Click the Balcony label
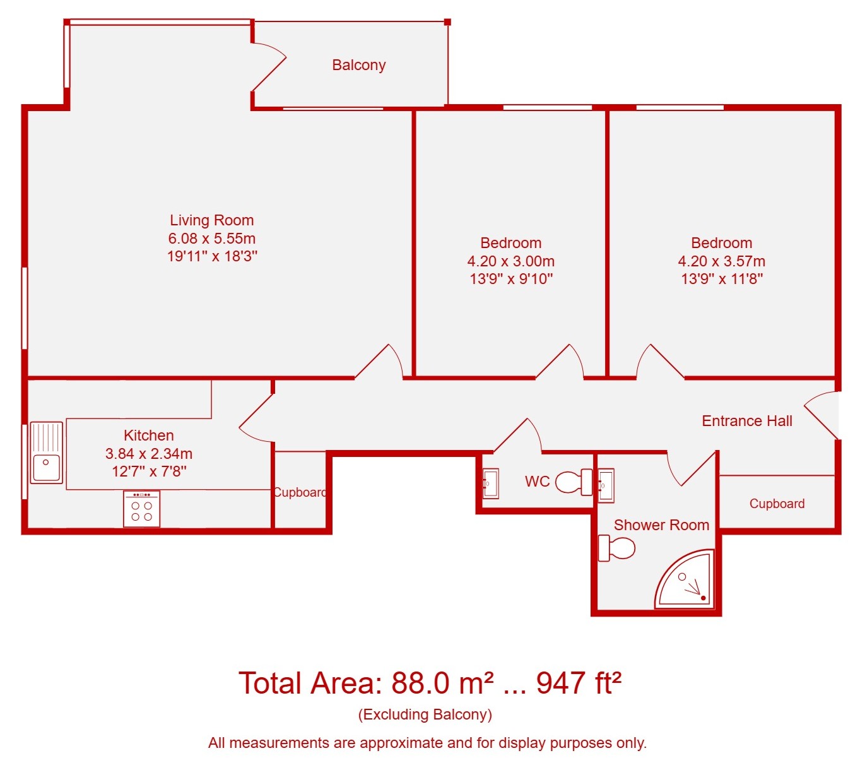pos(358,65)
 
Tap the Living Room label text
pos(212,220)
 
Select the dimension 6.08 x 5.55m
pos(212,239)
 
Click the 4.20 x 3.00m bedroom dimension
pos(510,261)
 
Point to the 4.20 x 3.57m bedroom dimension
pos(722,261)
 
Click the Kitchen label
pos(148,435)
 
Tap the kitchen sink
pos(47,453)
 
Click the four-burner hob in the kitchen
pos(142,509)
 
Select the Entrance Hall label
pos(746,421)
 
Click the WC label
pos(537,481)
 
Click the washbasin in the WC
pos(491,483)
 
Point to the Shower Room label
pos(661,525)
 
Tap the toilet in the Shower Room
pos(616,548)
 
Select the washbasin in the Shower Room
pos(606,485)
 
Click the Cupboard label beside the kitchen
pos(300,492)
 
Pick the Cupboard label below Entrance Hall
pos(777,504)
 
